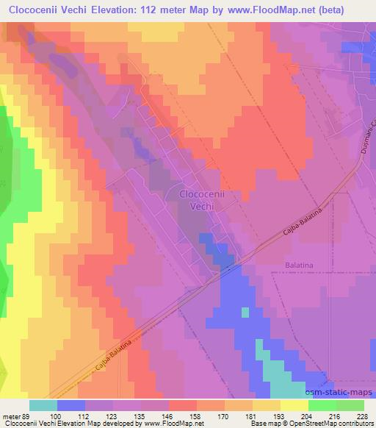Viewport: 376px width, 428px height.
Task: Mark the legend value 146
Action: point(183,415)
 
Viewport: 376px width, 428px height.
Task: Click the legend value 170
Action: point(239,415)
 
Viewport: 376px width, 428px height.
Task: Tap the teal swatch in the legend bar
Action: point(43,405)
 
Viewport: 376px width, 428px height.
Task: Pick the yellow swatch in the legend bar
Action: point(294,405)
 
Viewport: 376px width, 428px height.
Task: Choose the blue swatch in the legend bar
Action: point(71,405)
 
